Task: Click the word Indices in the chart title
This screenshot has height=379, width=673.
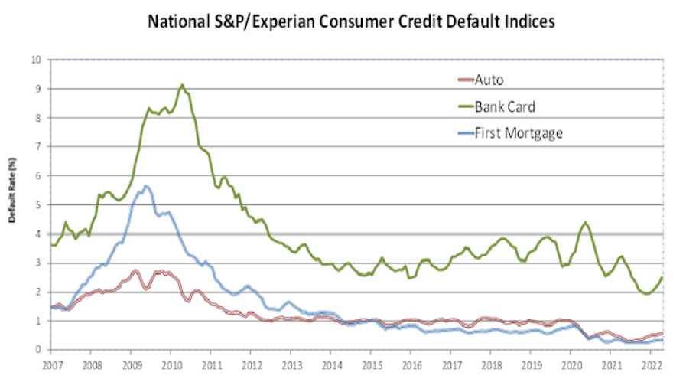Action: pos(527,21)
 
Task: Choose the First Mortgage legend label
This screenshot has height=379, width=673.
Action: pos(519,132)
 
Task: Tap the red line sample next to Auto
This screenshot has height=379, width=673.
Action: pos(463,80)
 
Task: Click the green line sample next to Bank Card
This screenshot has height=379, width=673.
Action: pos(463,106)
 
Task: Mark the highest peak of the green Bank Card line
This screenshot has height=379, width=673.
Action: pos(181,85)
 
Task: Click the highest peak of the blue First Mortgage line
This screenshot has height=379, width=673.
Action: pos(145,186)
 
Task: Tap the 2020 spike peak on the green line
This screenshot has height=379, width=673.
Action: pos(585,222)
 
